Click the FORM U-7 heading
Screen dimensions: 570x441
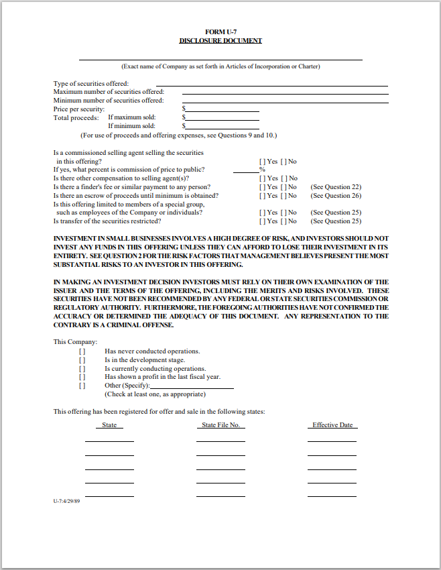[220, 32]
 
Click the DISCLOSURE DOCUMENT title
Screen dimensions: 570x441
[220, 41]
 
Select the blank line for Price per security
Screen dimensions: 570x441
[222, 109]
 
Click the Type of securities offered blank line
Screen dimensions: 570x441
[271, 83]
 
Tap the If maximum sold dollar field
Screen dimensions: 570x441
[222, 117]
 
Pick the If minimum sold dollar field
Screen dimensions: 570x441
[222, 125]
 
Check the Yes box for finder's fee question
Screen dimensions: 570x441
[261, 187]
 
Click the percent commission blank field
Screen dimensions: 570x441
[245, 170]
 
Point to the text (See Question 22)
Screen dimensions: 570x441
[336, 187]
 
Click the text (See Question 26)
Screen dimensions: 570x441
[336, 196]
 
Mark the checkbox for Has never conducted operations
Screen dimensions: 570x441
[82, 351]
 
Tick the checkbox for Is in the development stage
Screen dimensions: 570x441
[82, 360]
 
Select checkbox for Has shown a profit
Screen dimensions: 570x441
[82, 377]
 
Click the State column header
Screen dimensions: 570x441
[109, 425]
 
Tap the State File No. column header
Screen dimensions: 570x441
[220, 425]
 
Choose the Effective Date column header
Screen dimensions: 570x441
[332, 425]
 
